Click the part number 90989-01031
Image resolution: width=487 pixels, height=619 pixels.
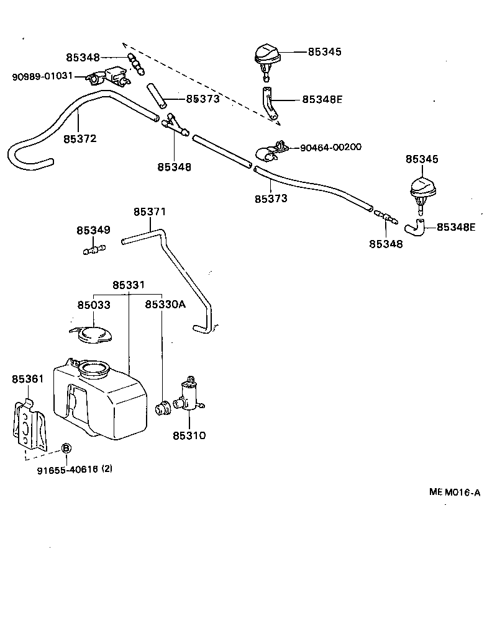point(42,76)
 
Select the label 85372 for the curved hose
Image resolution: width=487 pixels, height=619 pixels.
point(80,139)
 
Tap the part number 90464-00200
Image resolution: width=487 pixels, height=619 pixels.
point(330,148)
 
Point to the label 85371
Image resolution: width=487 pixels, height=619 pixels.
point(150,212)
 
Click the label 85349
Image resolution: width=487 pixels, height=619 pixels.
point(93,230)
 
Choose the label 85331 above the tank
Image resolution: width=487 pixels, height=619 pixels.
point(129,285)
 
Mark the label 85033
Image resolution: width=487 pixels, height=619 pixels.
point(94,305)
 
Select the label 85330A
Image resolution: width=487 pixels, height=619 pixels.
point(165,305)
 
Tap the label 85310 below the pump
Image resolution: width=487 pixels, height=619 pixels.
point(189,435)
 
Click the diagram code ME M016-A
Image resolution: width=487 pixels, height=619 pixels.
point(455,492)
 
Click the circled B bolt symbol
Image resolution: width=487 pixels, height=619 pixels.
point(66,448)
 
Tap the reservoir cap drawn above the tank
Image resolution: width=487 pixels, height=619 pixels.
point(91,334)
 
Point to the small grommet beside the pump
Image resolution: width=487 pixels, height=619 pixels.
point(162,409)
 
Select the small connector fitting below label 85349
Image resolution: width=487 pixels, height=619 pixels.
point(94,250)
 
